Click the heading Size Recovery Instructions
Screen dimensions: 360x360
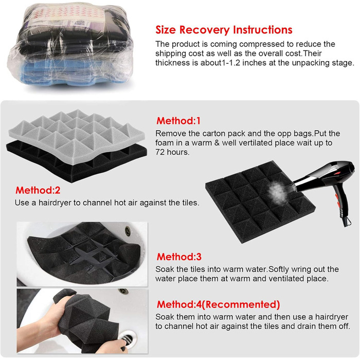pos(224,30)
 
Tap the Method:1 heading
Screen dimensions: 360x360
pos(178,121)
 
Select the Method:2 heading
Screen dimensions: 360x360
pos(38,190)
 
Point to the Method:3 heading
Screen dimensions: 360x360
pos(179,257)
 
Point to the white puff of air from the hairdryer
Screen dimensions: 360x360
pos(277,191)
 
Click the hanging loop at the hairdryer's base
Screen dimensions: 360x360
pos(347,221)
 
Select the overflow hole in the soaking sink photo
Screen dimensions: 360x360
pos(128,230)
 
